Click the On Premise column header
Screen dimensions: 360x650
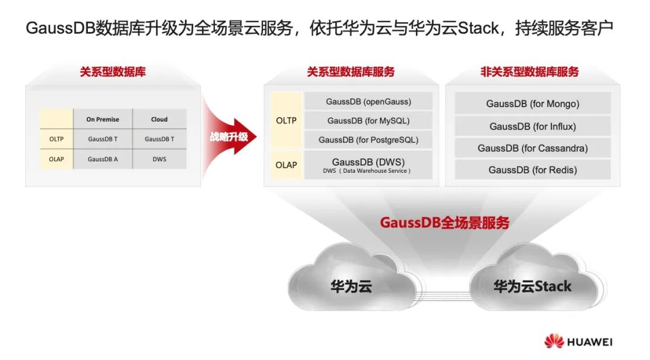click(102, 119)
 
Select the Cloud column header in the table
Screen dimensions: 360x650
click(159, 119)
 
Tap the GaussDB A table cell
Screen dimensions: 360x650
click(102, 160)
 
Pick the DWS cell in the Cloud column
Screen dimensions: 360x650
click(159, 160)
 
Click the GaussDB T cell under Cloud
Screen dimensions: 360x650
click(159, 139)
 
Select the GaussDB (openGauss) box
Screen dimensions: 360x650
click(368, 101)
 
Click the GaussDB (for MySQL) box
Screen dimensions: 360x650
click(368, 120)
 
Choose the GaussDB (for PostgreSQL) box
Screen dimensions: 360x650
click(368, 140)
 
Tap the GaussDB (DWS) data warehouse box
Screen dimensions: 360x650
click(368, 165)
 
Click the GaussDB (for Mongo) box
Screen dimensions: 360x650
click(533, 104)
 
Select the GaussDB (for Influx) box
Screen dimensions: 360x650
click(533, 126)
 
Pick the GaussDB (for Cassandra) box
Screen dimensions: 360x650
click(533, 148)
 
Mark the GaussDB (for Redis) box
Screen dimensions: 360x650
click(533, 170)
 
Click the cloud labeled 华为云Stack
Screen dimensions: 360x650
click(532, 283)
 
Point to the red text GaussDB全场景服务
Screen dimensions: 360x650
click(444, 223)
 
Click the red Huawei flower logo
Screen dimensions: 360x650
click(554, 341)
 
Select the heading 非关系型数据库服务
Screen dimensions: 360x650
click(529, 72)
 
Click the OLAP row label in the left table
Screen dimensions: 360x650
click(57, 160)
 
